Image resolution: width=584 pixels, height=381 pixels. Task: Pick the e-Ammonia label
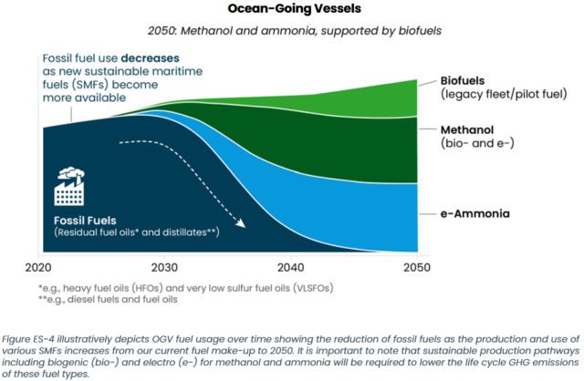click(475, 214)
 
